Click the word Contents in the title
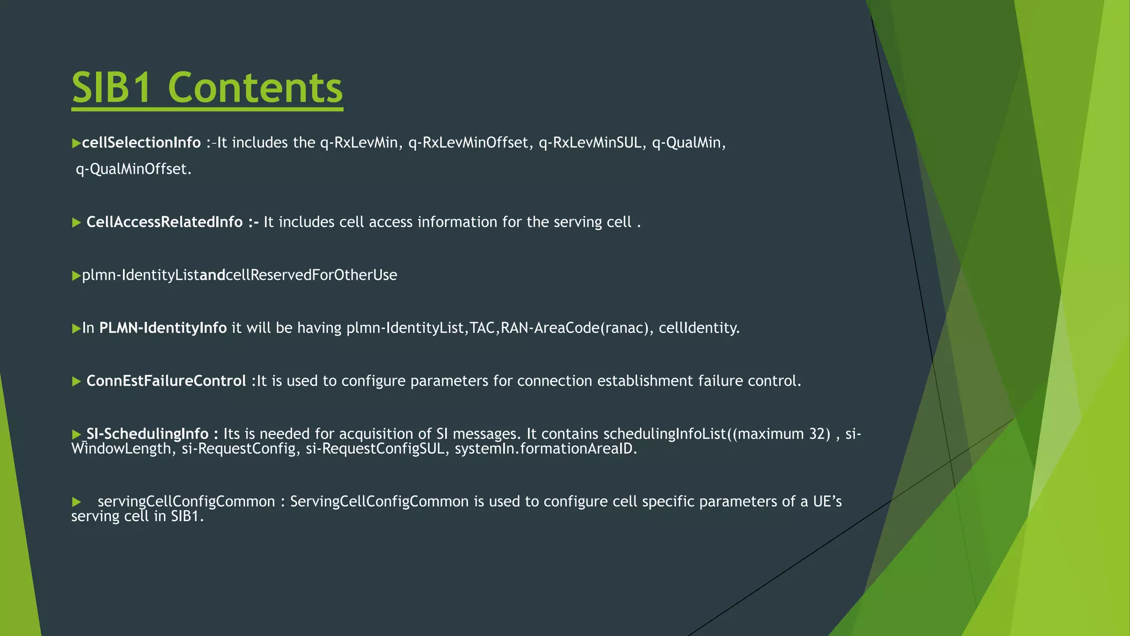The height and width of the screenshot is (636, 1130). point(255,88)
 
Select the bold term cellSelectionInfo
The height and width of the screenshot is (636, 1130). point(141,143)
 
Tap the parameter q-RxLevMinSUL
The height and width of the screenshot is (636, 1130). point(590,143)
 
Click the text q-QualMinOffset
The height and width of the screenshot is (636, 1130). point(134,169)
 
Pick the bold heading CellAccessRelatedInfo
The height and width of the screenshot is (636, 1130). point(164,222)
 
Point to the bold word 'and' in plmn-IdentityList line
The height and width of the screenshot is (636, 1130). point(212,275)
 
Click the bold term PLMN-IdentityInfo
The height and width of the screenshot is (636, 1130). point(163,328)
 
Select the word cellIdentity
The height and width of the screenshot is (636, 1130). point(699,328)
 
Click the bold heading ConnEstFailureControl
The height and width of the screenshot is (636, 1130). point(166,381)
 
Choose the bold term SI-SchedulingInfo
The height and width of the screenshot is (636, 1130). point(147,434)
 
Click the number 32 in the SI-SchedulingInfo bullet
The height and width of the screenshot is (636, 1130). point(817,434)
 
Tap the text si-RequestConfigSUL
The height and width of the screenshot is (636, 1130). point(375,449)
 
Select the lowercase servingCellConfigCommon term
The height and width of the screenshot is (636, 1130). point(186,502)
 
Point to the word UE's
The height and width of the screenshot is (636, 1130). point(827,502)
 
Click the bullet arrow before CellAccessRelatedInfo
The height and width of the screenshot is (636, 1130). point(77,223)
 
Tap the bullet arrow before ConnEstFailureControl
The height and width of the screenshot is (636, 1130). point(77,382)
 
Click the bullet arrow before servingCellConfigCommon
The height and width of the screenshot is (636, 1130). point(77,502)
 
